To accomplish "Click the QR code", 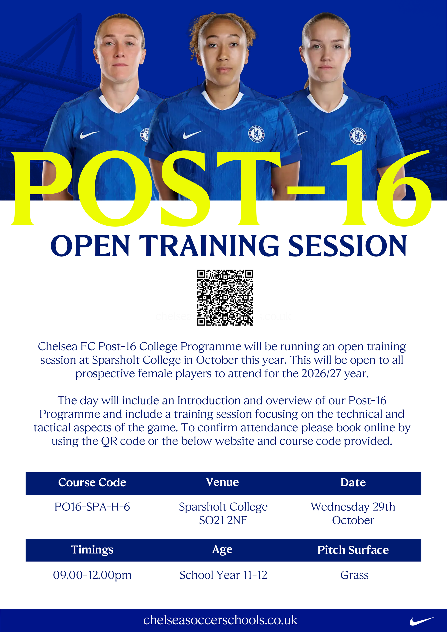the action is point(225,297).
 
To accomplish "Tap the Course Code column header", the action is point(92,483).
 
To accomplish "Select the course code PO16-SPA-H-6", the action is point(92,507).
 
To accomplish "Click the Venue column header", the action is point(222,482).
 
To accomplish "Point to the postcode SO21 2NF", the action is point(223,520).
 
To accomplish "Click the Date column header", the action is point(353,483).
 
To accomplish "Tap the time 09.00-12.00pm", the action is point(92,575).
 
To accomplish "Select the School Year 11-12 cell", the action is point(223,575).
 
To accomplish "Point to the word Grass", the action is point(354,575).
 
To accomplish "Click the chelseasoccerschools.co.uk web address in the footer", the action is point(220,620).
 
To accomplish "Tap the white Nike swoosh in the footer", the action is point(422,621).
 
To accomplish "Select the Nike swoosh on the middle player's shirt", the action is point(192,134).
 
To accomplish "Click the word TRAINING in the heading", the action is point(210,246).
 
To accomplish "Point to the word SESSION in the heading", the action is point(348,246).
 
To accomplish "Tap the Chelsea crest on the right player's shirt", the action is point(358,136).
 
